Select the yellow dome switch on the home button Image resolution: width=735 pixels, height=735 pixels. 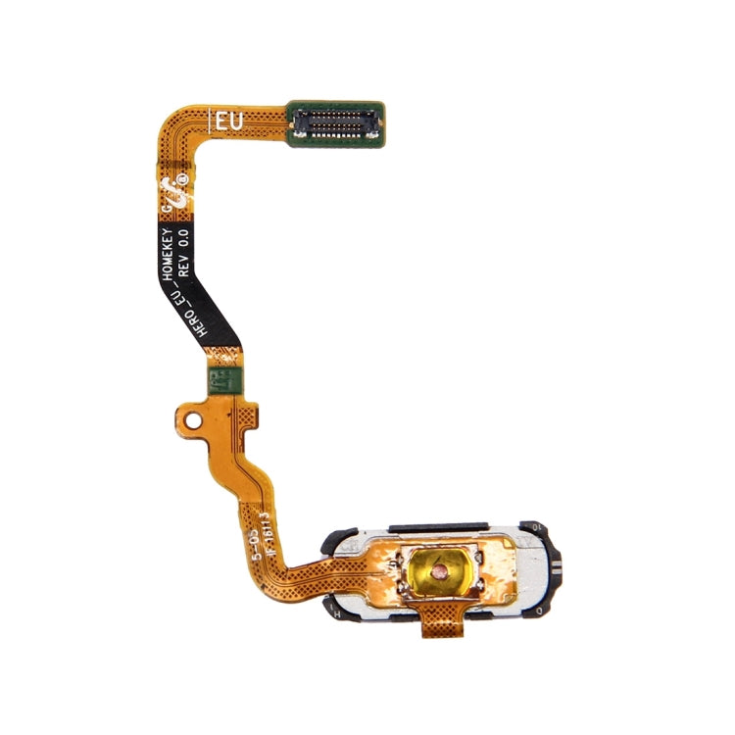point(440,566)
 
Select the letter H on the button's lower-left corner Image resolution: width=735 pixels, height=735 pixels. point(336,607)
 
